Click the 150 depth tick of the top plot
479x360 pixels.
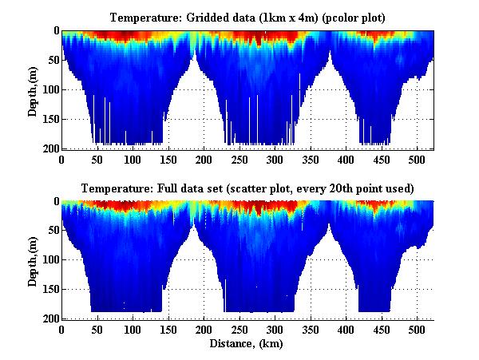coord(46,119)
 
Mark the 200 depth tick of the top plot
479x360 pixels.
coord(46,148)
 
